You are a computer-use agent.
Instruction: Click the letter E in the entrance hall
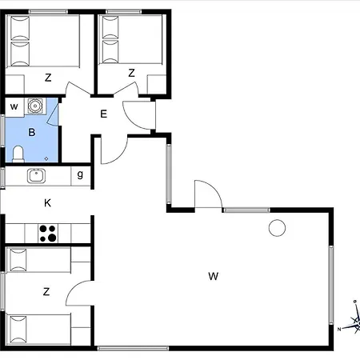point(103,114)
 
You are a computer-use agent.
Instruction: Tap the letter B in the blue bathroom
point(32,132)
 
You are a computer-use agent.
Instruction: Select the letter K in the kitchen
point(47,203)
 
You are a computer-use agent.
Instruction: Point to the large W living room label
point(214,276)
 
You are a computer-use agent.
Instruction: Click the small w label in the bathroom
point(14,107)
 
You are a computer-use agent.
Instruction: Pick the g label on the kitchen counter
point(80,174)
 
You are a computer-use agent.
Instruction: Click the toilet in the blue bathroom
point(18,154)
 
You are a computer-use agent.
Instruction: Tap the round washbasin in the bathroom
point(35,106)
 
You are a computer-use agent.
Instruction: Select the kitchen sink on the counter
point(36,176)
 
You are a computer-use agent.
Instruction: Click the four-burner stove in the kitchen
point(48,234)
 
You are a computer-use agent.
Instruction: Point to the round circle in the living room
point(277,228)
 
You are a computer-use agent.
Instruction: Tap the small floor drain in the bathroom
point(46,158)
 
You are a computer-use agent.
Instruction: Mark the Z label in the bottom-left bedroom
point(46,292)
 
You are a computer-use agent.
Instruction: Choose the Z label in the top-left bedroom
point(48,78)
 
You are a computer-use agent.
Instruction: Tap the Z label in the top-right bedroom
point(131,73)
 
